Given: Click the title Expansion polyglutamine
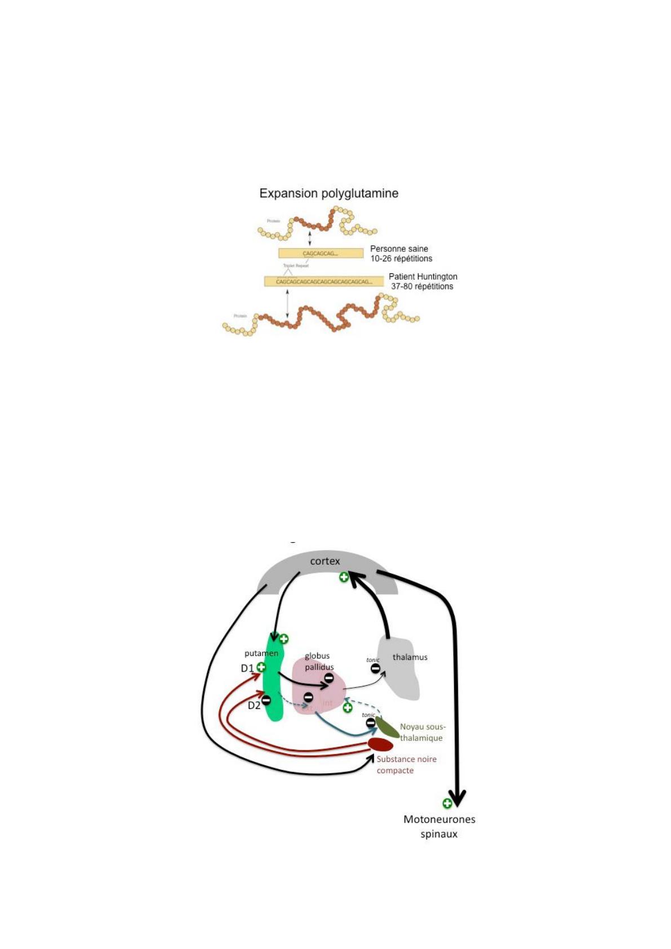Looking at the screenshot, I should click(x=328, y=193).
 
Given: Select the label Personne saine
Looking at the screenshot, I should click(x=399, y=249).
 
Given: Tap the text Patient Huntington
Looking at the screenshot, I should click(x=423, y=277).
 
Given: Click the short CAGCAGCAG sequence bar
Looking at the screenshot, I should click(x=321, y=254).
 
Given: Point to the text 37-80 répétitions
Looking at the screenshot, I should click(x=422, y=286).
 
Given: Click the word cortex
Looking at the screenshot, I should click(x=325, y=561).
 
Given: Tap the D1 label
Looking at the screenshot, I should click(x=247, y=668).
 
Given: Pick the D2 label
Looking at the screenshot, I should click(x=254, y=705).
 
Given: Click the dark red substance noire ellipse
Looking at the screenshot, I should click(x=380, y=744).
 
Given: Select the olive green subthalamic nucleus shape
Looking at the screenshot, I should click(x=388, y=727).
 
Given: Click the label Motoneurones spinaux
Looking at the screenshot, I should click(x=439, y=826).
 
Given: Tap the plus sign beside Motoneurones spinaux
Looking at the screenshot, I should click(x=447, y=803).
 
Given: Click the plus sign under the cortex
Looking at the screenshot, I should click(x=344, y=577).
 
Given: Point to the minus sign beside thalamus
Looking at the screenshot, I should click(x=375, y=668).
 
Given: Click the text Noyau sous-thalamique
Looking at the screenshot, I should click(x=422, y=732).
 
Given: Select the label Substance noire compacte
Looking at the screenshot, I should click(x=406, y=765).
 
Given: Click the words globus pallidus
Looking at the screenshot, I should click(x=319, y=661).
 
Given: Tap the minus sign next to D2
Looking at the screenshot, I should click(x=266, y=700).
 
